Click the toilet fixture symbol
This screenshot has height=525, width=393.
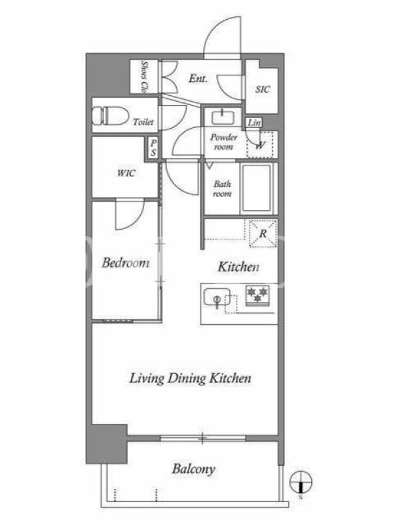[110, 116]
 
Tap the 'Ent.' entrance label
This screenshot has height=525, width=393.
[198, 79]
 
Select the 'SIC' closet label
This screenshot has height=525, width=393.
[263, 89]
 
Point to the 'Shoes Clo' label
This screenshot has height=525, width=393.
[144, 77]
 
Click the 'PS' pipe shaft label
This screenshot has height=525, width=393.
[153, 148]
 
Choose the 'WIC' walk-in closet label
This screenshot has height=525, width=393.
[126, 173]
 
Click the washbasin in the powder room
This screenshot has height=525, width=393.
[223, 117]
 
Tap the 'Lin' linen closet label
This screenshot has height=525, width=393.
[254, 123]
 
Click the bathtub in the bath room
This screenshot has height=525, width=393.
[257, 188]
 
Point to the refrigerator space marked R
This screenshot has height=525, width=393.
[263, 234]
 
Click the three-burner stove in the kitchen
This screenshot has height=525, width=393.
[257, 295]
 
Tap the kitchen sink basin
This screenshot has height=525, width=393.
[217, 297]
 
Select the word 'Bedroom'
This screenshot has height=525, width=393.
[126, 263]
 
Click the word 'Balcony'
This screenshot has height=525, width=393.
[193, 469]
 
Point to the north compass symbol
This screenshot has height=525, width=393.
[301, 482]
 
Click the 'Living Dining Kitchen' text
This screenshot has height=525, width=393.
[190, 379]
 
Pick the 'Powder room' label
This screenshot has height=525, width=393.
[223, 142]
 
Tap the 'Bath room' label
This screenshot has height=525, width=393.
[222, 189]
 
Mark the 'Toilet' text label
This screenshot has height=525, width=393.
[143, 122]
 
